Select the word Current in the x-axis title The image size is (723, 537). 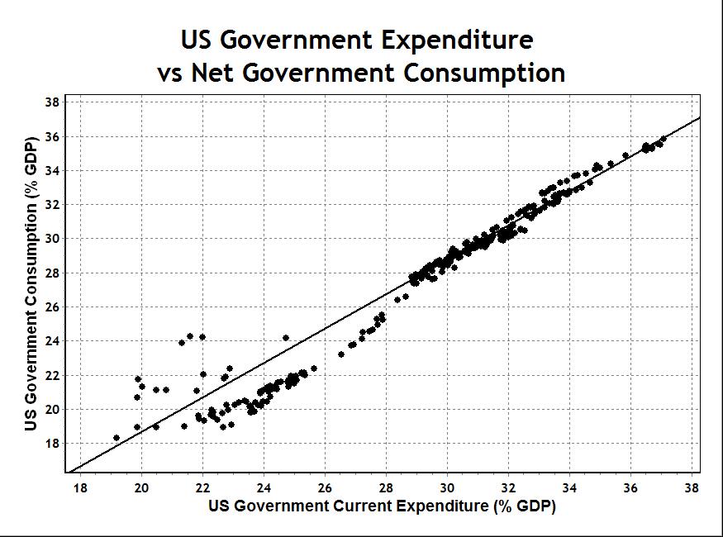click(389, 506)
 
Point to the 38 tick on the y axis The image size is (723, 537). click(52, 102)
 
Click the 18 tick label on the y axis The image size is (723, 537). click(52, 444)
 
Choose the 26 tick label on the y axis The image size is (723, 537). click(52, 307)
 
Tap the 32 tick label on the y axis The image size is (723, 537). click(52, 205)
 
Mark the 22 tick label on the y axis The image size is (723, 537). click(52, 376)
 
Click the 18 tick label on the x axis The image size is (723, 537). click(80, 487)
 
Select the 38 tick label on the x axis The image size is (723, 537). click(692, 487)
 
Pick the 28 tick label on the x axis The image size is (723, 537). click(386, 487)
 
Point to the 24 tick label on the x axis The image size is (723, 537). click(264, 487)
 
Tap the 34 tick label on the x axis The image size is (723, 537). click(569, 487)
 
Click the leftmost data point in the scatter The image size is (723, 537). click(117, 438)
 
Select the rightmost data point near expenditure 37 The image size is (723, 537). click(664, 139)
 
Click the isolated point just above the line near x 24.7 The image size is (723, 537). click(286, 338)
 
